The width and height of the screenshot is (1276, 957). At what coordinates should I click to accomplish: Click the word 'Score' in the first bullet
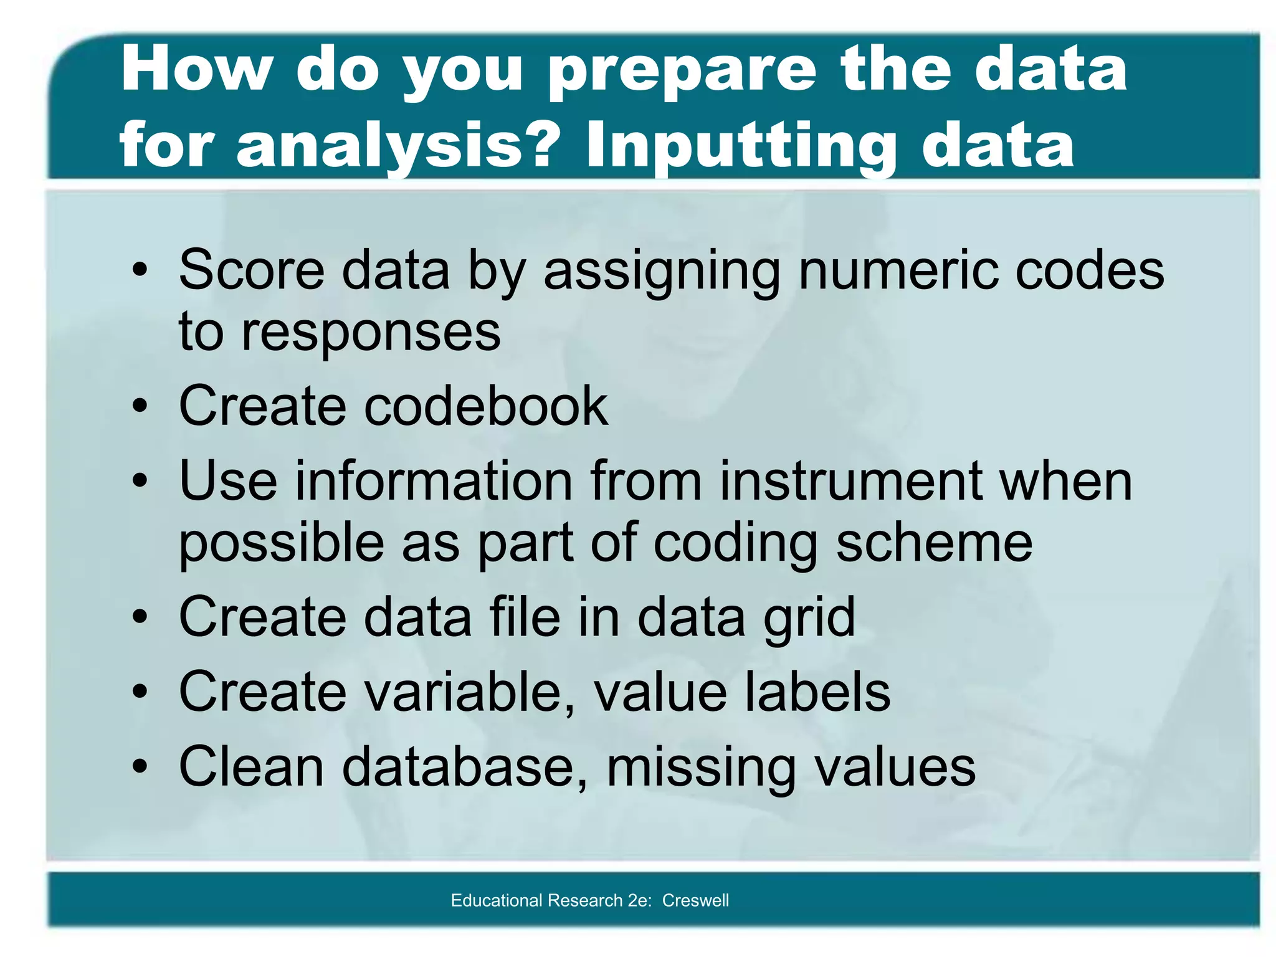(252, 270)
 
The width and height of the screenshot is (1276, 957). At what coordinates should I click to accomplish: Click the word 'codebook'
(486, 406)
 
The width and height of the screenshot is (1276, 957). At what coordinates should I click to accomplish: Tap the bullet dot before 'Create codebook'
(140, 407)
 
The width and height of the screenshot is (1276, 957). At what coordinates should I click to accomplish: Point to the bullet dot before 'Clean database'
(140, 767)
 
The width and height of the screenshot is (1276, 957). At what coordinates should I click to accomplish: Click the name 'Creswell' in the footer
(695, 900)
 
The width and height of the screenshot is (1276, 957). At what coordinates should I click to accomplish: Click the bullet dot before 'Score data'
(140, 271)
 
